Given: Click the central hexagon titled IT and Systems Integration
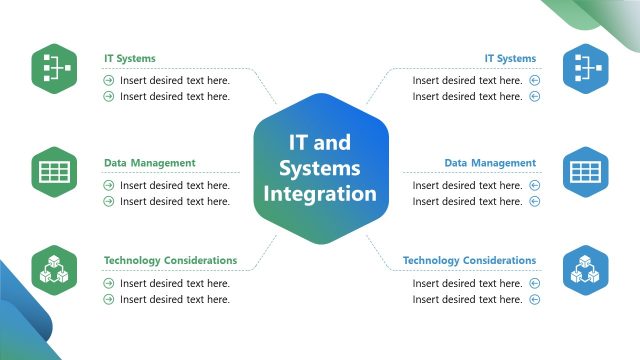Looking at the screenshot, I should (x=320, y=168).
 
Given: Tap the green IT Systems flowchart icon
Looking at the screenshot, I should (x=54, y=68).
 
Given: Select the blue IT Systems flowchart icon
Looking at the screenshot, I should (x=585, y=68).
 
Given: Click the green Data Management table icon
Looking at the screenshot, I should (x=54, y=172).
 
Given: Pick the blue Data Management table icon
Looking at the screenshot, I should (x=585, y=172).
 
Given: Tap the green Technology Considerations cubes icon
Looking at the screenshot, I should (x=54, y=270).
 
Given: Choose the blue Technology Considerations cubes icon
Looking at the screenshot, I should (x=585, y=270).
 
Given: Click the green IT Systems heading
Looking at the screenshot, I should (x=130, y=59).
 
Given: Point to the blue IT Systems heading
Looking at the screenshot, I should (x=510, y=59).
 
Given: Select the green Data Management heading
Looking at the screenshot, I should (x=150, y=163).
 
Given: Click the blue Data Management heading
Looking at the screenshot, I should (x=490, y=163).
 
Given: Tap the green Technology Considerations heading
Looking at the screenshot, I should (x=170, y=261).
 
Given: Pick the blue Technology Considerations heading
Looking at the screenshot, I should (x=469, y=261).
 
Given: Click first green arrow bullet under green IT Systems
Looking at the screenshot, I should (x=109, y=80).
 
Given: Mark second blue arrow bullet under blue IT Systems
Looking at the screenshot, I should (x=534, y=97).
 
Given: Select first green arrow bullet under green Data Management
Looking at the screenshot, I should (x=109, y=185).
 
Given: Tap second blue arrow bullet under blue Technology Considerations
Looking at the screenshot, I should (x=534, y=300).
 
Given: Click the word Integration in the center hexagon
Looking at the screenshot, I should (x=320, y=193).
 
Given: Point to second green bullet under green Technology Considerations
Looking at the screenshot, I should (x=109, y=300).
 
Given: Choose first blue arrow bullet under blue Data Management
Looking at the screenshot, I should (x=534, y=185).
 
